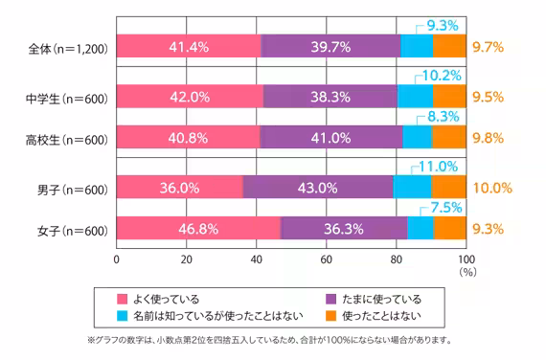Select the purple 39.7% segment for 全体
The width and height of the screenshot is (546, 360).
tap(330, 45)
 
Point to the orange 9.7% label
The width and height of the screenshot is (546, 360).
tap(489, 45)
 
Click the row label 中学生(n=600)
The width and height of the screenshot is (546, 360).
tap(65, 97)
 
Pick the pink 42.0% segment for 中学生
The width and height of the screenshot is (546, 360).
tap(190, 97)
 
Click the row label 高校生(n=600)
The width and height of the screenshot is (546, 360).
tap(65, 138)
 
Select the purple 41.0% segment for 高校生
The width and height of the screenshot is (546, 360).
tap(331, 138)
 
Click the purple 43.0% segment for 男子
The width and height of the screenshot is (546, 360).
tap(318, 189)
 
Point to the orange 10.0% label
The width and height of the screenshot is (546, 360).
tap(490, 189)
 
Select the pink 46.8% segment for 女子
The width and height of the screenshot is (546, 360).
tap(198, 230)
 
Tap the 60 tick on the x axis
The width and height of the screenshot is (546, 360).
tap(326, 259)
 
